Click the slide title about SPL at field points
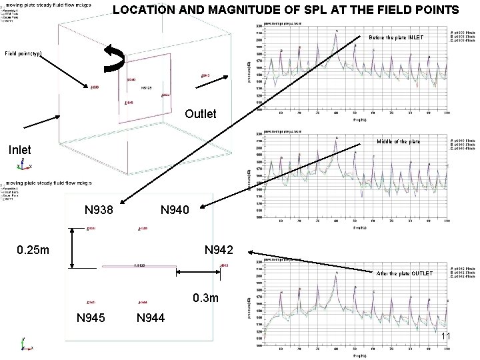click(285, 10)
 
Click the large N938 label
click(99, 211)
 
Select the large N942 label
click(219, 251)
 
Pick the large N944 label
click(151, 317)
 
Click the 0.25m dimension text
click(33, 251)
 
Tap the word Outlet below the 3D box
click(200, 114)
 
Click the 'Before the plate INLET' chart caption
click(395, 37)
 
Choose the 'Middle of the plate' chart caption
click(399, 141)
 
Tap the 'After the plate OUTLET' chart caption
click(399, 273)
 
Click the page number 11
click(446, 336)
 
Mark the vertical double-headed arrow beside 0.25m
click(72, 248)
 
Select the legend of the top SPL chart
click(461, 36)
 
